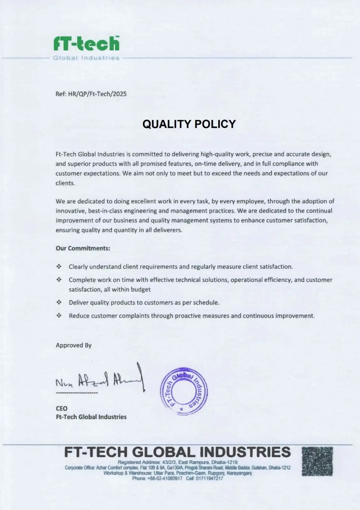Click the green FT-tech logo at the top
(x=86, y=44)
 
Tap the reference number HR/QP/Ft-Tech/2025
(x=97, y=94)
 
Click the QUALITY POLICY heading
(x=189, y=124)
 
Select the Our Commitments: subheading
(x=83, y=248)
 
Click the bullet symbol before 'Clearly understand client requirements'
(x=59, y=266)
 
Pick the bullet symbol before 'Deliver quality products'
(x=59, y=302)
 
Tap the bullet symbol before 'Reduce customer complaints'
(x=59, y=316)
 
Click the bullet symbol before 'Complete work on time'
(x=59, y=280)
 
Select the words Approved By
(x=74, y=345)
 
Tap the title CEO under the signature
(x=61, y=408)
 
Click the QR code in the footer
(x=317, y=461)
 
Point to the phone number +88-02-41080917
(x=165, y=478)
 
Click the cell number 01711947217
(x=209, y=478)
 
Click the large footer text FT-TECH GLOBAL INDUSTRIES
(x=177, y=452)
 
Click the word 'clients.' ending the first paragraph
(x=65, y=183)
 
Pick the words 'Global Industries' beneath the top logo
(x=86, y=58)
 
